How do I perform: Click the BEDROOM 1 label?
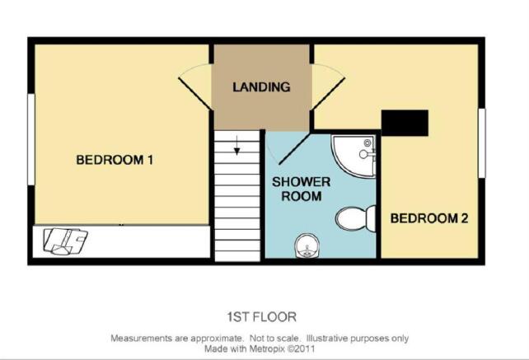point(115,160)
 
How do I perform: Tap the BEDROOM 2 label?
point(429,218)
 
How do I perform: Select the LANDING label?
point(261,87)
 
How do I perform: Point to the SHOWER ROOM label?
point(302,189)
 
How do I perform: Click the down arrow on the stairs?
point(236,145)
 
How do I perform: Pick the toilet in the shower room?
point(356,218)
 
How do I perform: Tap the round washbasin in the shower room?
point(307,247)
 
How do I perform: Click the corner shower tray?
point(353,156)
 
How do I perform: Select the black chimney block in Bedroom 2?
point(405,123)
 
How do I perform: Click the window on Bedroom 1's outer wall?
point(31,139)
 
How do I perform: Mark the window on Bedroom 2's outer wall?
point(482,143)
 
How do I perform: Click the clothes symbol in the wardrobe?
point(66,241)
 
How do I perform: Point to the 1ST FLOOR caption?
point(262,317)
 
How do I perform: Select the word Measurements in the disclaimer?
point(142,338)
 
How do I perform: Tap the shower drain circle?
point(367,143)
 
